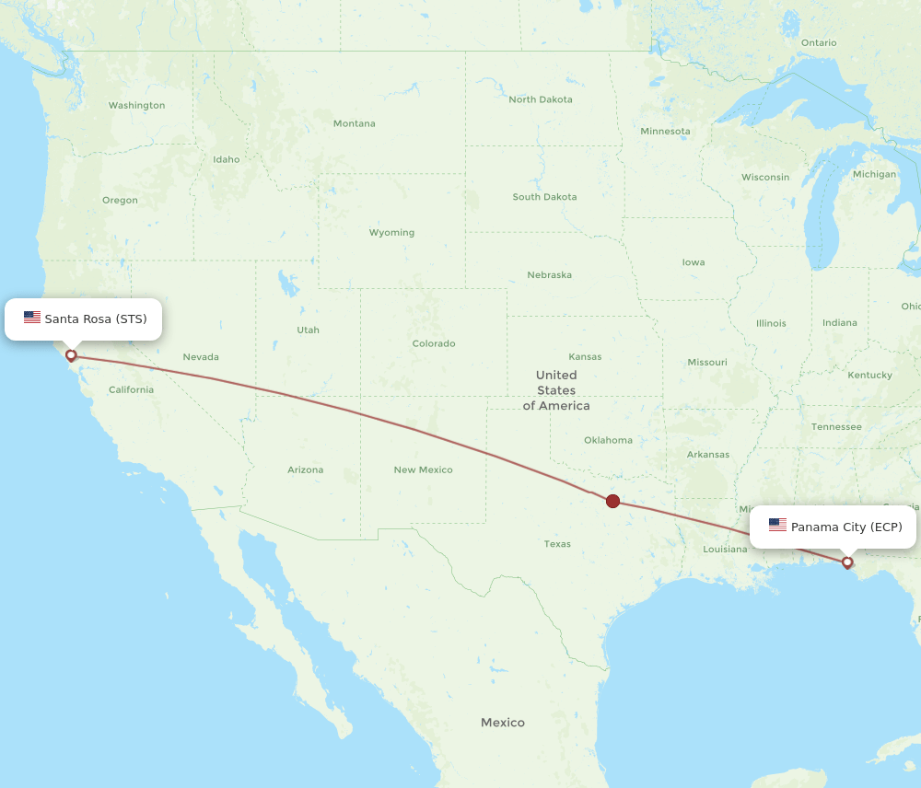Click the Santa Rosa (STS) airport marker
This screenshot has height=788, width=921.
click(71, 355)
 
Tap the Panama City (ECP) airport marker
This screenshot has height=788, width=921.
click(847, 562)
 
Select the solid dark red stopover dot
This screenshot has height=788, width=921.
click(612, 501)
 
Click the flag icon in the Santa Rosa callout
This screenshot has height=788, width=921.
click(32, 318)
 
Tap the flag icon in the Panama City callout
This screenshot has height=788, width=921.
click(777, 526)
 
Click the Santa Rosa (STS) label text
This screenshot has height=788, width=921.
click(96, 319)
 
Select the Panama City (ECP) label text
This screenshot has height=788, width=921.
click(846, 527)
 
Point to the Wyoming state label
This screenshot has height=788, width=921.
click(391, 232)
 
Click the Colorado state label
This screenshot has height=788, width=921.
click(433, 343)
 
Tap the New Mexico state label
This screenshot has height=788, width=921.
click(423, 469)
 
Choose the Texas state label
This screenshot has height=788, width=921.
click(556, 543)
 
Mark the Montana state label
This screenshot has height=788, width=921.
click(354, 123)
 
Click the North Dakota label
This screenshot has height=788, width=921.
click(540, 99)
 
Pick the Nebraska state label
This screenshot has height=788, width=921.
click(549, 274)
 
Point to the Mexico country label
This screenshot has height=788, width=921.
click(502, 723)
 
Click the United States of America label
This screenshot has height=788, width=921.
click(556, 389)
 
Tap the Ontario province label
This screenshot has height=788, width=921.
click(818, 42)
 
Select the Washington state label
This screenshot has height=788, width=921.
click(136, 105)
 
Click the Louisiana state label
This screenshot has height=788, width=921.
click(725, 549)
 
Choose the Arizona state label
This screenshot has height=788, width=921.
click(305, 469)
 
